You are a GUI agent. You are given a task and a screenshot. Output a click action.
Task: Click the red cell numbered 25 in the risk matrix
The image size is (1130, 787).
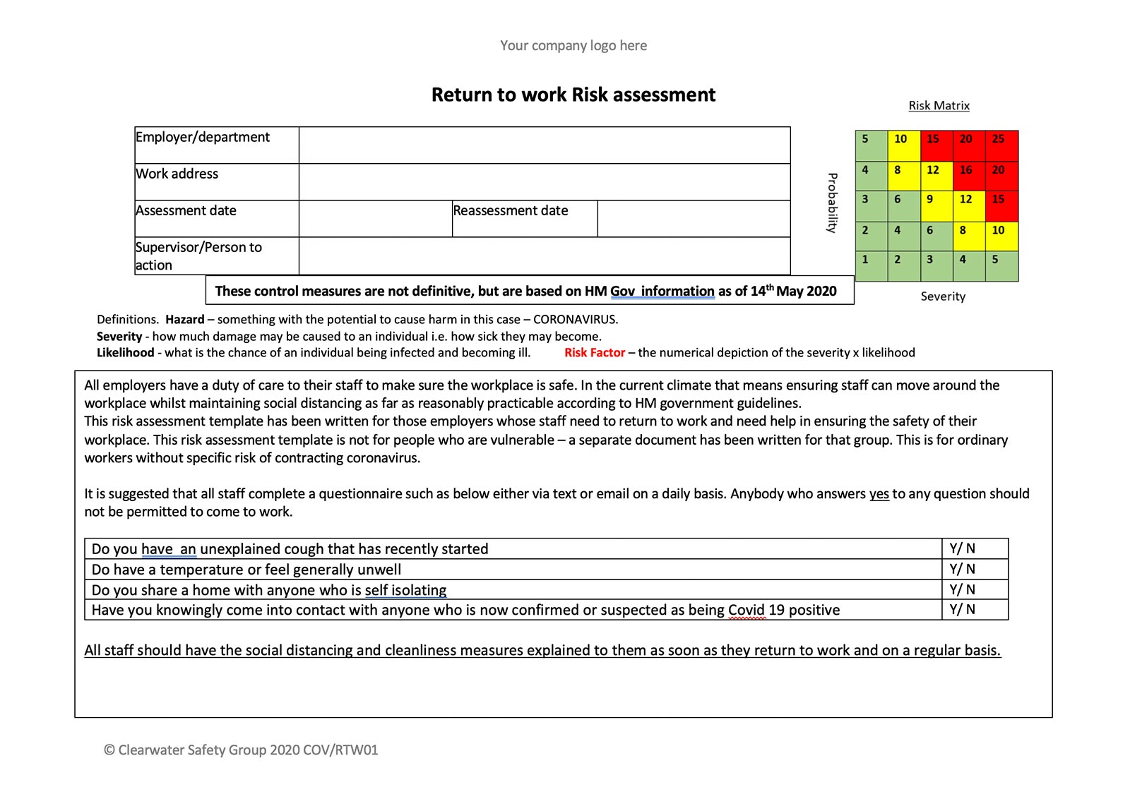(x=1001, y=146)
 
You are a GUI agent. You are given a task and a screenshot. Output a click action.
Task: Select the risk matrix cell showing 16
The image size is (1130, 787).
(x=969, y=176)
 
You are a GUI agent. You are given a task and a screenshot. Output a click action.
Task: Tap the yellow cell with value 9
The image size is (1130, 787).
(x=936, y=206)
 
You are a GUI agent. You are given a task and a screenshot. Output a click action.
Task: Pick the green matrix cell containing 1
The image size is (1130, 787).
(x=871, y=266)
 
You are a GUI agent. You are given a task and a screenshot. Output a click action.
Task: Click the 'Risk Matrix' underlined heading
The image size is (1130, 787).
(x=939, y=106)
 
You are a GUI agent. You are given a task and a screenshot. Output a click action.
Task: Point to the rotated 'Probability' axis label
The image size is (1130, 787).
(x=832, y=203)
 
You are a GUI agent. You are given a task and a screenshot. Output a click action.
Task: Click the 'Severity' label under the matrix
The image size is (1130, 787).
(x=943, y=296)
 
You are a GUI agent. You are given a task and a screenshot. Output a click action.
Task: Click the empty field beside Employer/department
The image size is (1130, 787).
(x=544, y=145)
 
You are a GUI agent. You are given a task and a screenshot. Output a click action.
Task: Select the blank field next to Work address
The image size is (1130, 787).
(x=544, y=182)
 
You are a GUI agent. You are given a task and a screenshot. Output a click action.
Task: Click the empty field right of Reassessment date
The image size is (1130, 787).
(x=694, y=219)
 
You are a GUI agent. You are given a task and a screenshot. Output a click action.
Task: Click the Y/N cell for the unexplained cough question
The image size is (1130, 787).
(x=975, y=548)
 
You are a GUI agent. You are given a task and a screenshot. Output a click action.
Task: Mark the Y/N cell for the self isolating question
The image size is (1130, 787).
(x=975, y=589)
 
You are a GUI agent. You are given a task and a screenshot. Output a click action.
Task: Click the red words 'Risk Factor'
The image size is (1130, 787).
(x=594, y=353)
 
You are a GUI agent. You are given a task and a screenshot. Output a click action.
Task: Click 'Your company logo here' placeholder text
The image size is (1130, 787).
(x=573, y=46)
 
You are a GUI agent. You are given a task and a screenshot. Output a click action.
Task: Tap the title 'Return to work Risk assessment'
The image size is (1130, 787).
(x=573, y=95)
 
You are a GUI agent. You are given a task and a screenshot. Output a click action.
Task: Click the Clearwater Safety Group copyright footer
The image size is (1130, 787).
(x=241, y=750)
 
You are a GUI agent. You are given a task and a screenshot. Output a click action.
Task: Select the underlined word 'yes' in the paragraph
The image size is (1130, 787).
(x=879, y=494)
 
